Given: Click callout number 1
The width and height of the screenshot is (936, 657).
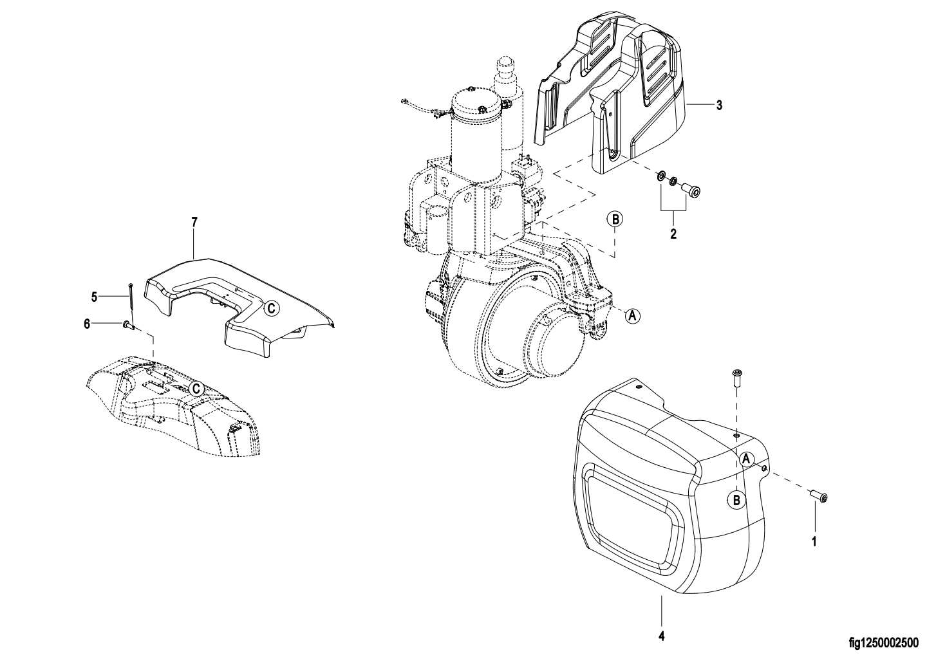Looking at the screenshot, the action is point(814,542).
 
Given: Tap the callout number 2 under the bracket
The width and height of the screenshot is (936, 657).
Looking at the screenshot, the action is point(673,234).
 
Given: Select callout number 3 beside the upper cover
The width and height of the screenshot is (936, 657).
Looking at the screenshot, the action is point(719,106).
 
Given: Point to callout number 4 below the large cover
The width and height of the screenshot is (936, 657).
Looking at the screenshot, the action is point(662,636).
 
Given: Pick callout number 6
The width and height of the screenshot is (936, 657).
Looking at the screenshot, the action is point(87,324).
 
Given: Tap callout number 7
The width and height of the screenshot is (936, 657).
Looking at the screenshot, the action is point(194,222).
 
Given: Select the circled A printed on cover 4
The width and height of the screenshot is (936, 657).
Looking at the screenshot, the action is point(747,459).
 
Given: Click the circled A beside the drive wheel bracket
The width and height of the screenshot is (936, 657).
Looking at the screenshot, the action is point(632,316).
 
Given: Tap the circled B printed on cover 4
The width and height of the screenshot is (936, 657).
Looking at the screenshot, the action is point(736,499).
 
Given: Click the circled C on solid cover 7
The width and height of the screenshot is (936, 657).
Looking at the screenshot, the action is point(271,308).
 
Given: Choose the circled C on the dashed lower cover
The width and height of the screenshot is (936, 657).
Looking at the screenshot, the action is point(196,389).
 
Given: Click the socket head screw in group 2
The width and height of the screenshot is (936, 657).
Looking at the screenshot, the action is point(691,189).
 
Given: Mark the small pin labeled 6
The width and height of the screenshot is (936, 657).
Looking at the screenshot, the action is point(128,324).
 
